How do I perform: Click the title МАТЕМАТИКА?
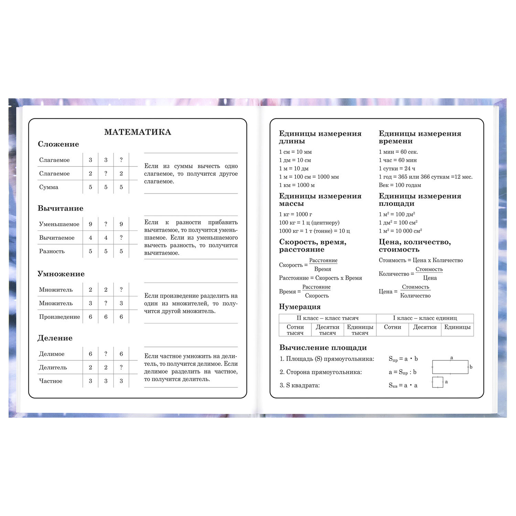[138, 132]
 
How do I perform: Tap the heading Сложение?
[58, 144]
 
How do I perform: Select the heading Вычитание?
[60, 208]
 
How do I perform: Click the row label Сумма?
[49, 187]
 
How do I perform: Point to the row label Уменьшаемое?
[59, 224]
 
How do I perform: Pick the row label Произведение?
[59, 317]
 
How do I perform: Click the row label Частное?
[51, 381]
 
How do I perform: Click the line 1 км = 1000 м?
[297, 185]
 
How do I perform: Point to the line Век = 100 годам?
[400, 185]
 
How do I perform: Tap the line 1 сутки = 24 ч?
[397, 169]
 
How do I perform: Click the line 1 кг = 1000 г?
[295, 214]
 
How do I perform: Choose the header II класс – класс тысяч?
[327, 318]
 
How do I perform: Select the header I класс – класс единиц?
[425, 318]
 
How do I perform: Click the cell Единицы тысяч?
[360, 330]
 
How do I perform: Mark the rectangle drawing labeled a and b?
[450, 367]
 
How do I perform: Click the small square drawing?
[438, 382]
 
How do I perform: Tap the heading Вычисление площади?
[323, 347]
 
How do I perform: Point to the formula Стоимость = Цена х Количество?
[421, 260]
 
